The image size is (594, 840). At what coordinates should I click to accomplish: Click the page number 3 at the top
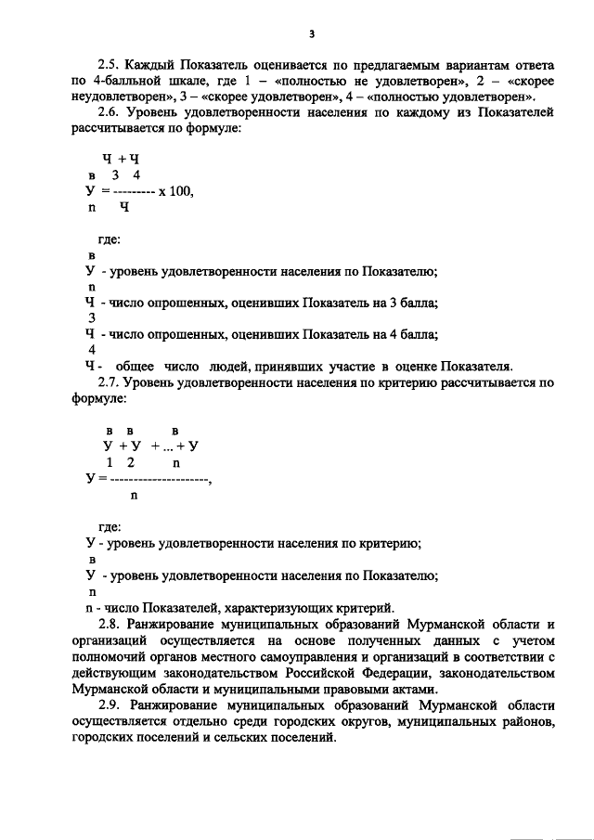point(313,34)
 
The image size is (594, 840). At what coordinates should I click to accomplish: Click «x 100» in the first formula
point(177,191)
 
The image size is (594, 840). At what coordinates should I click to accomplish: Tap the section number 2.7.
point(109,381)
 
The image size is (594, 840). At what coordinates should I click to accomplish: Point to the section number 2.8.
point(109,624)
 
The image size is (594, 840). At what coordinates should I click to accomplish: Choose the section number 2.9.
point(109,706)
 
